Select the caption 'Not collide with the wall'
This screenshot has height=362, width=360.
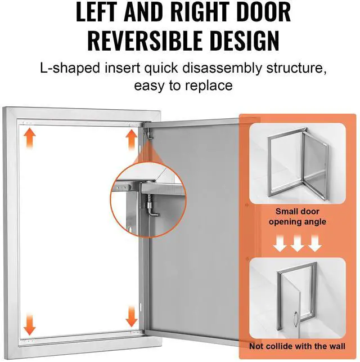298,346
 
